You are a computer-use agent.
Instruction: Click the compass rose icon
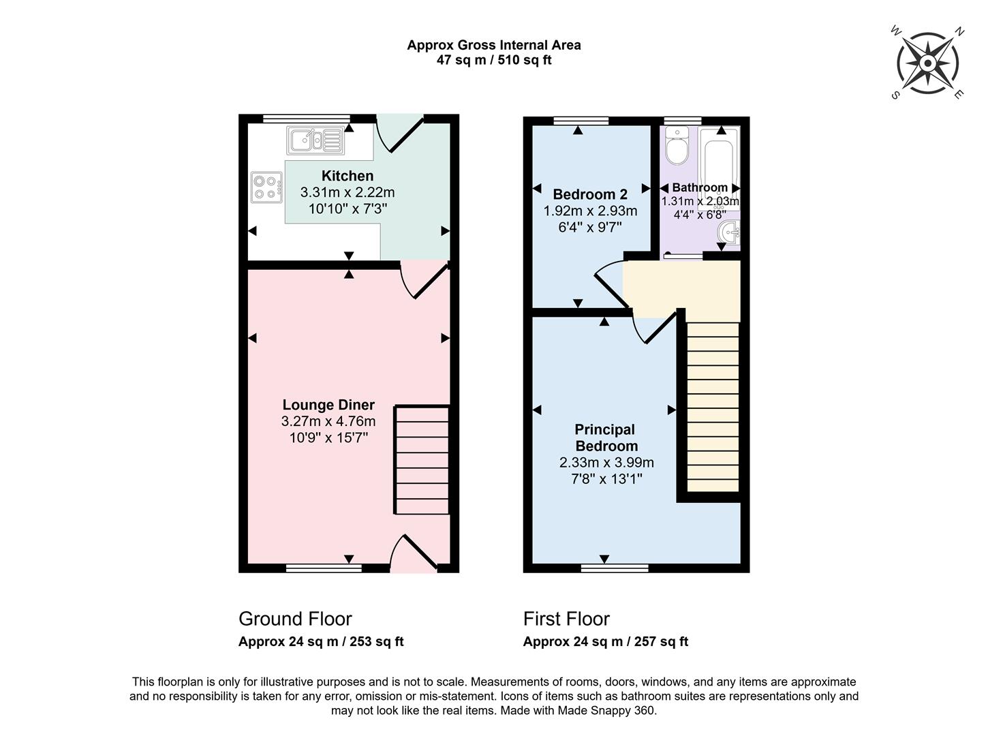click(927, 63)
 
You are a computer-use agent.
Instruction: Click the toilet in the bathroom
click(677, 146)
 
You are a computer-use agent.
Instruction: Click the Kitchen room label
click(348, 176)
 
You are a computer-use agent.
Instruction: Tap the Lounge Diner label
click(328, 405)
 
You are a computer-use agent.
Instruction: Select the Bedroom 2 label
click(590, 194)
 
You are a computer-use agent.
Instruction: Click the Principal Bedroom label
click(605, 438)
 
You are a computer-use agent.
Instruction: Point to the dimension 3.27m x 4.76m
click(328, 421)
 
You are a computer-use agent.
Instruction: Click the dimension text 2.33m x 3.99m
click(606, 463)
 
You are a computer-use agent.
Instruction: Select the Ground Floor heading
click(295, 619)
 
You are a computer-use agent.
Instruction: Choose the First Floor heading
click(566, 619)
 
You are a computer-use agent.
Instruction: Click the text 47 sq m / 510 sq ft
click(494, 60)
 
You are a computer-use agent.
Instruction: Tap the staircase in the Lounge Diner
click(422, 460)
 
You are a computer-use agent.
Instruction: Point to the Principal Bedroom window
click(615, 567)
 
